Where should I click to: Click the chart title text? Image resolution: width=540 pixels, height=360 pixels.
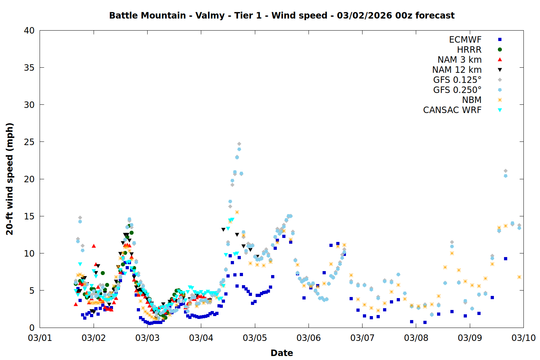282,15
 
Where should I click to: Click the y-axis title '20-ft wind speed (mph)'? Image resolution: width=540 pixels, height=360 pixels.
10,179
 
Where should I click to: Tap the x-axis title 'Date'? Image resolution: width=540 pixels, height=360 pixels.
282,353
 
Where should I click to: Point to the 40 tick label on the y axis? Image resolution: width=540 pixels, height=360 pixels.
29,31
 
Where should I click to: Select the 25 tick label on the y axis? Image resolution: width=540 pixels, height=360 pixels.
29,142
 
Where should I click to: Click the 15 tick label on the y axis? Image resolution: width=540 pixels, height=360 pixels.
29,216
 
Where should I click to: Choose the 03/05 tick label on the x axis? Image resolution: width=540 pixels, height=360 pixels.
255,338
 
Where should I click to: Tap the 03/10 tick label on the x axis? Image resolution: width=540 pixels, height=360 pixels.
523,338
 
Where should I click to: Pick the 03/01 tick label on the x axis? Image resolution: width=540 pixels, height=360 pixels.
40,338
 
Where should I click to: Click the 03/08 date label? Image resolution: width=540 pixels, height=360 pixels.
416,338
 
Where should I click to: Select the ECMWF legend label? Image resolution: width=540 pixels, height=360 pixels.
465,40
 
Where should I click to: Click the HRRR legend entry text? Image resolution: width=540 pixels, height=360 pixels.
469,50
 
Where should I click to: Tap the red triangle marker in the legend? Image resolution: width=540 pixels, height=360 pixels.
500,59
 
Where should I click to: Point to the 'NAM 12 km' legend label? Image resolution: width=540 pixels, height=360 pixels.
457,70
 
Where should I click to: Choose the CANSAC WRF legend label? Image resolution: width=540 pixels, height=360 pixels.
452,110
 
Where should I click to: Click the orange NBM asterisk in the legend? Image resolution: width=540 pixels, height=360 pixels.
500,100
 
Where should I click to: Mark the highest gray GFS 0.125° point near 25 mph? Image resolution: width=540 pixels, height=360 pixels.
239,144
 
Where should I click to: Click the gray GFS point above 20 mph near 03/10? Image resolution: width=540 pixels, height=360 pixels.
505,171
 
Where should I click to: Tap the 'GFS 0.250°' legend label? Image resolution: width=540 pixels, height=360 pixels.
457,90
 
